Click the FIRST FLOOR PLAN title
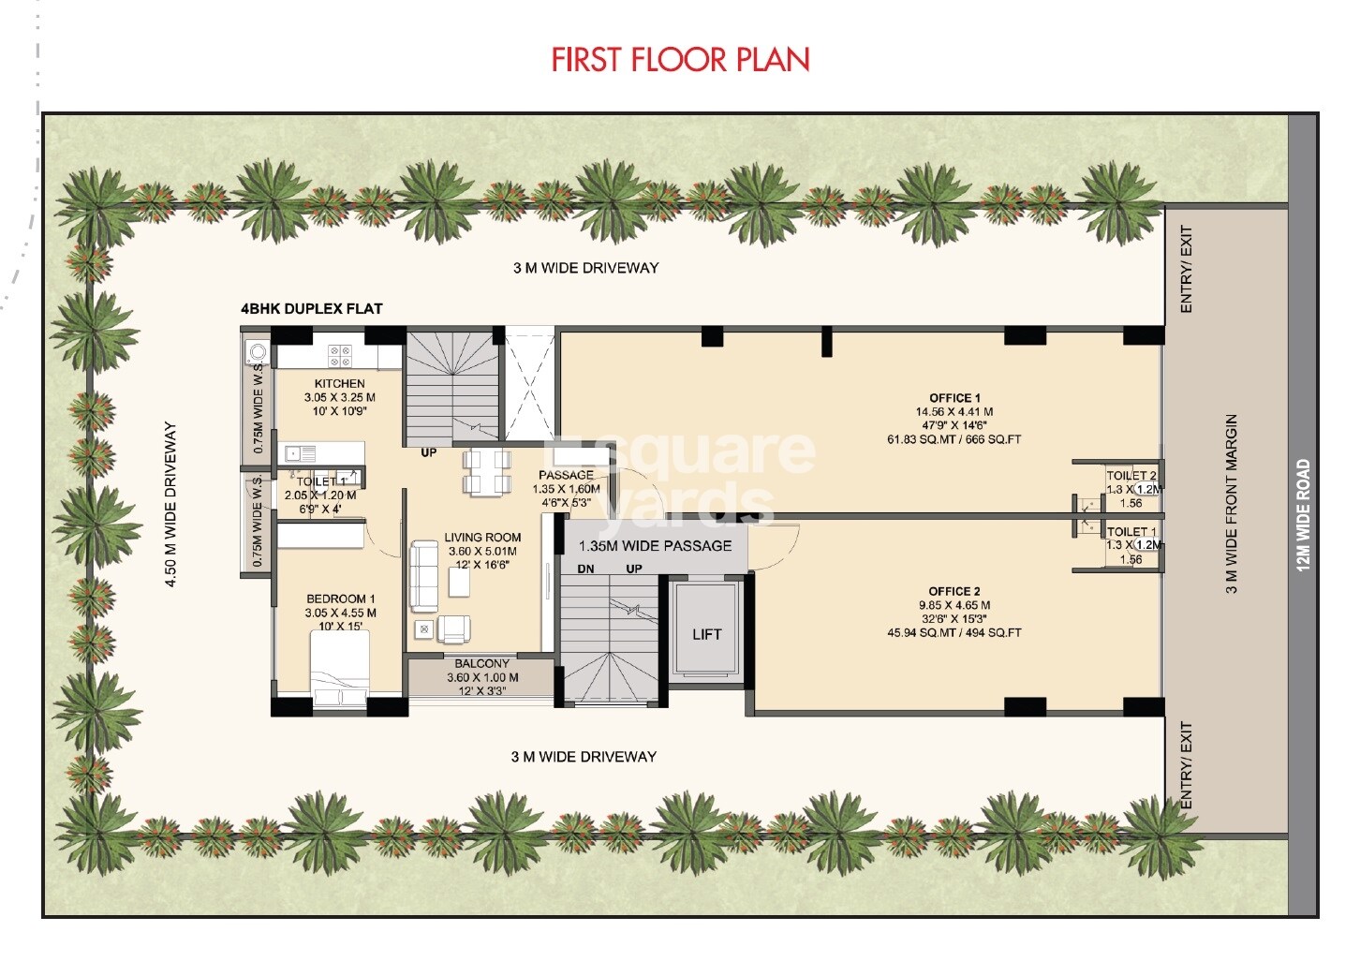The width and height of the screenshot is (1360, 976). [680, 60]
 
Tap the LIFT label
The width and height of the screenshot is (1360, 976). [706, 634]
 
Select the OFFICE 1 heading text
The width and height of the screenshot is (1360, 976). [954, 398]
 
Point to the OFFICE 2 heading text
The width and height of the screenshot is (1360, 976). [953, 591]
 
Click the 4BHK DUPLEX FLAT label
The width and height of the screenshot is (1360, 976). [311, 308]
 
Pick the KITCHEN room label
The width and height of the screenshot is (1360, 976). [339, 383]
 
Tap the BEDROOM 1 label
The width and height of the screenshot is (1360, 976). [340, 599]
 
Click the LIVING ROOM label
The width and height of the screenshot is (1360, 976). [482, 538]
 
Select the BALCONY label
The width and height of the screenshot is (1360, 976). [482, 663]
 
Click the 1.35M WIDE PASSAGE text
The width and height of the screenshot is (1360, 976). [655, 545]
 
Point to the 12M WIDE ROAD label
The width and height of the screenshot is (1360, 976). [1303, 514]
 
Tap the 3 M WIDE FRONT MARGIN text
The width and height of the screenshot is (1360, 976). [1232, 504]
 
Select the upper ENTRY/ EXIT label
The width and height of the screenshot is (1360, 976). [1187, 269]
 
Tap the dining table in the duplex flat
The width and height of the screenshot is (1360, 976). [487, 472]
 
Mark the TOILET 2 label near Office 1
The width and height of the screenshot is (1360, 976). [1131, 476]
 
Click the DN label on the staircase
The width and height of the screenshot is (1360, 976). [585, 569]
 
